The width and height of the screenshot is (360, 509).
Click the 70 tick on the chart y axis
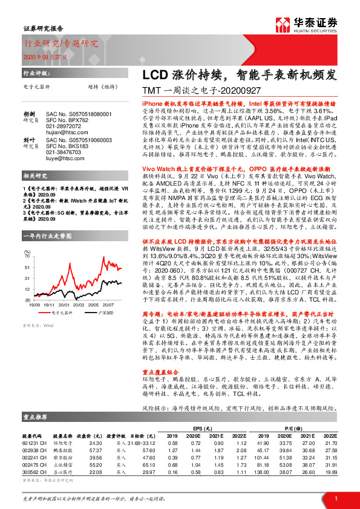pos(26,256)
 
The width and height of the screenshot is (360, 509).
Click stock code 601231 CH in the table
pos(35,443)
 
